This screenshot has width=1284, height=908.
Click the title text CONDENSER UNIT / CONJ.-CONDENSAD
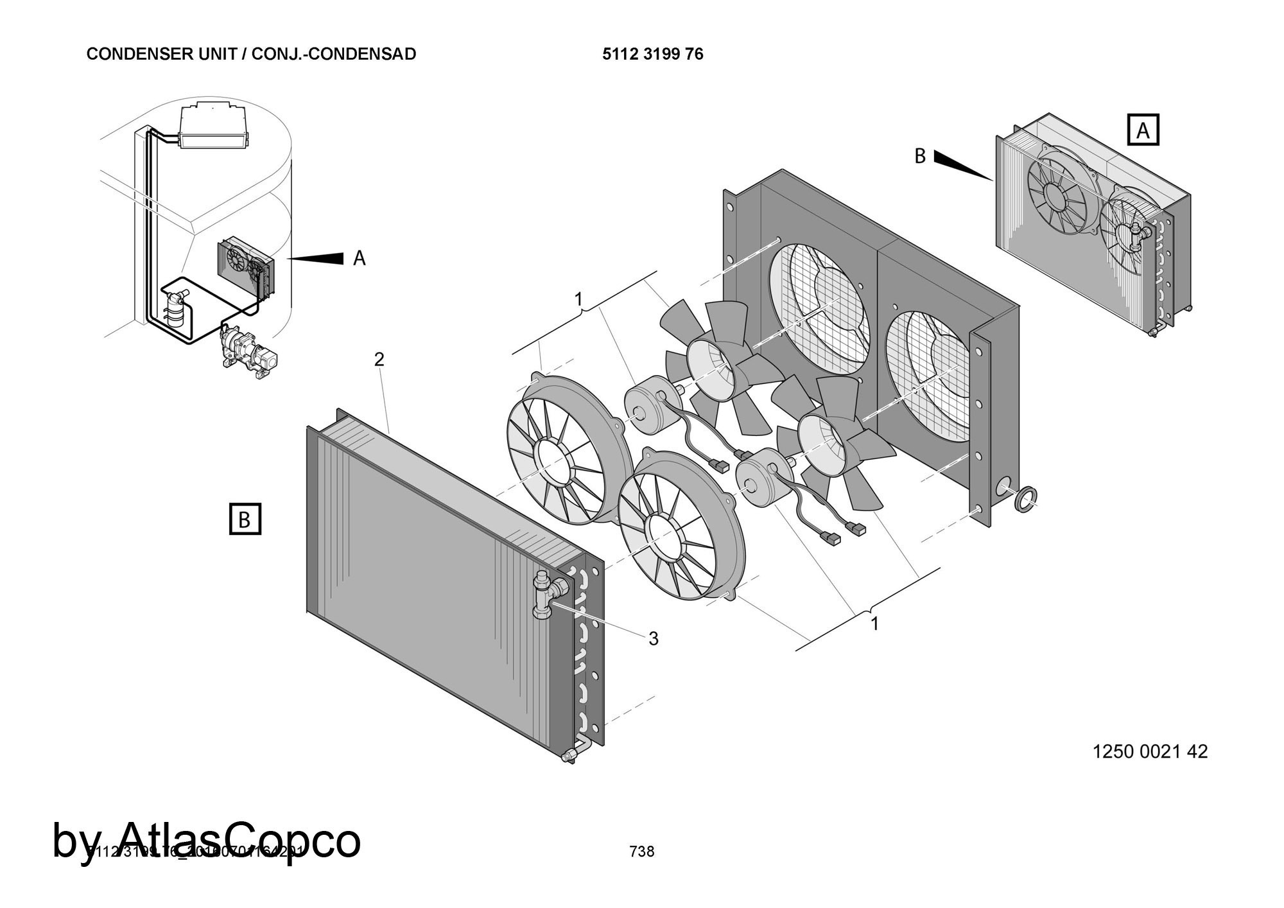pos(251,55)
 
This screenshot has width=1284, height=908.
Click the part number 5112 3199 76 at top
pos(652,55)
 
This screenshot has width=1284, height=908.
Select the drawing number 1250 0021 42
pos(1150,751)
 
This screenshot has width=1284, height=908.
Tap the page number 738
pos(642,851)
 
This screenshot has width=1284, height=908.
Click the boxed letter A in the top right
pos(1143,130)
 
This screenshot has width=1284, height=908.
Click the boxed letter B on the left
pos(245,519)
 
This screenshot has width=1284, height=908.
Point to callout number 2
pos(379,360)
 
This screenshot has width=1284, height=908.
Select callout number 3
pos(653,638)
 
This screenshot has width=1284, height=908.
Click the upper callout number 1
pos(578,299)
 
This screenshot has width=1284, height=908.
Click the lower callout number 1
pos(874,624)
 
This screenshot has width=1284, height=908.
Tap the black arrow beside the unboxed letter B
pos(962,166)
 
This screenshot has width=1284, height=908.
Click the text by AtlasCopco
pos(207,840)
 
